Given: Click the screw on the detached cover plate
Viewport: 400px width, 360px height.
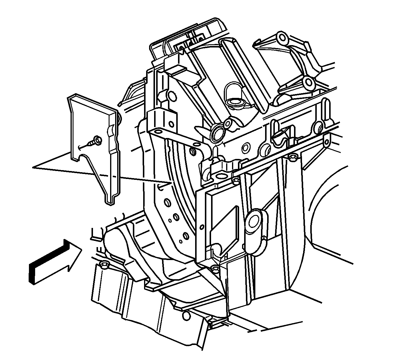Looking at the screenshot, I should tap(97, 140).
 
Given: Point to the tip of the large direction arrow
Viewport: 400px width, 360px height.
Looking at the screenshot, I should tap(81, 249).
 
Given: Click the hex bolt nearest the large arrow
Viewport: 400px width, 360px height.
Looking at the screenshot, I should tap(104, 266).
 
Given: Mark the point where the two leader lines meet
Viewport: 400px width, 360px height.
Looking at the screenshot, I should tap(33, 167).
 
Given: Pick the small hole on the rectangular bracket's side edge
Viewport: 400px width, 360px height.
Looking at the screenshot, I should tap(202, 227).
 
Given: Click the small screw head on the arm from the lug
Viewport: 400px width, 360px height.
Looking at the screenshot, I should tap(194, 152).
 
